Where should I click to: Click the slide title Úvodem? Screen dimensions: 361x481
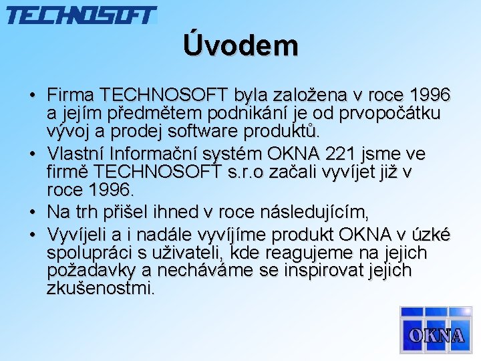[x=240, y=46]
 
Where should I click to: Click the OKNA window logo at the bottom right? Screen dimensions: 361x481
[x=435, y=330]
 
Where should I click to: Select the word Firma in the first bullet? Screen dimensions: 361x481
[x=70, y=94]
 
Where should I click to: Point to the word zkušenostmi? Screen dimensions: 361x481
[x=101, y=289]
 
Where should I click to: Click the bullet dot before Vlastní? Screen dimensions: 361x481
[x=32, y=154]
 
